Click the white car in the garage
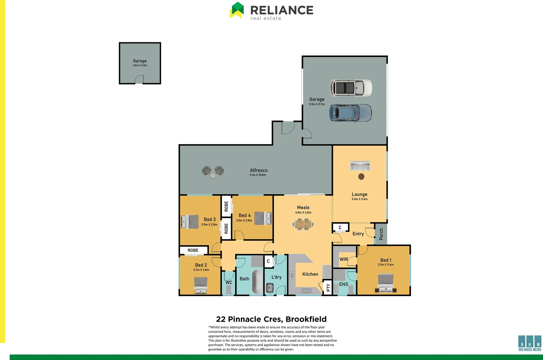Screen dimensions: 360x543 pos(351,88)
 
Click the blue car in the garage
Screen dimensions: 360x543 pos(351,113)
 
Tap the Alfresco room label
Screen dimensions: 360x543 pos(258,170)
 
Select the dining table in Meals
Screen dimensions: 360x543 pos(303,224)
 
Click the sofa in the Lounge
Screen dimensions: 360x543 pos(360,166)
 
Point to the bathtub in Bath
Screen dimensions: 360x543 pos(257,281)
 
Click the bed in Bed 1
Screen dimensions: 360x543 pos(386,283)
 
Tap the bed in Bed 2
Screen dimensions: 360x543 pos(201,285)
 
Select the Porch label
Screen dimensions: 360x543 pos(381,234)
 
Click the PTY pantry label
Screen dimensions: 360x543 pos(328,288)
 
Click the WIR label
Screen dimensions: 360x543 pos(344,259)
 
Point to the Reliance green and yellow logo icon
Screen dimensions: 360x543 pos(237,10)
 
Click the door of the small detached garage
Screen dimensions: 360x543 pos(139,80)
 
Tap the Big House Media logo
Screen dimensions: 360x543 pos(530,343)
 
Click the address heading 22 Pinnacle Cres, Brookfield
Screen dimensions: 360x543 pos(271,319)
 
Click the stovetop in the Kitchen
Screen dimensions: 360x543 pos(292,275)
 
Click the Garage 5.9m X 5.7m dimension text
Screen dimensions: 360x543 pos(317,104)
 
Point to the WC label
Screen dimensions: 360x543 pos(229,282)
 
